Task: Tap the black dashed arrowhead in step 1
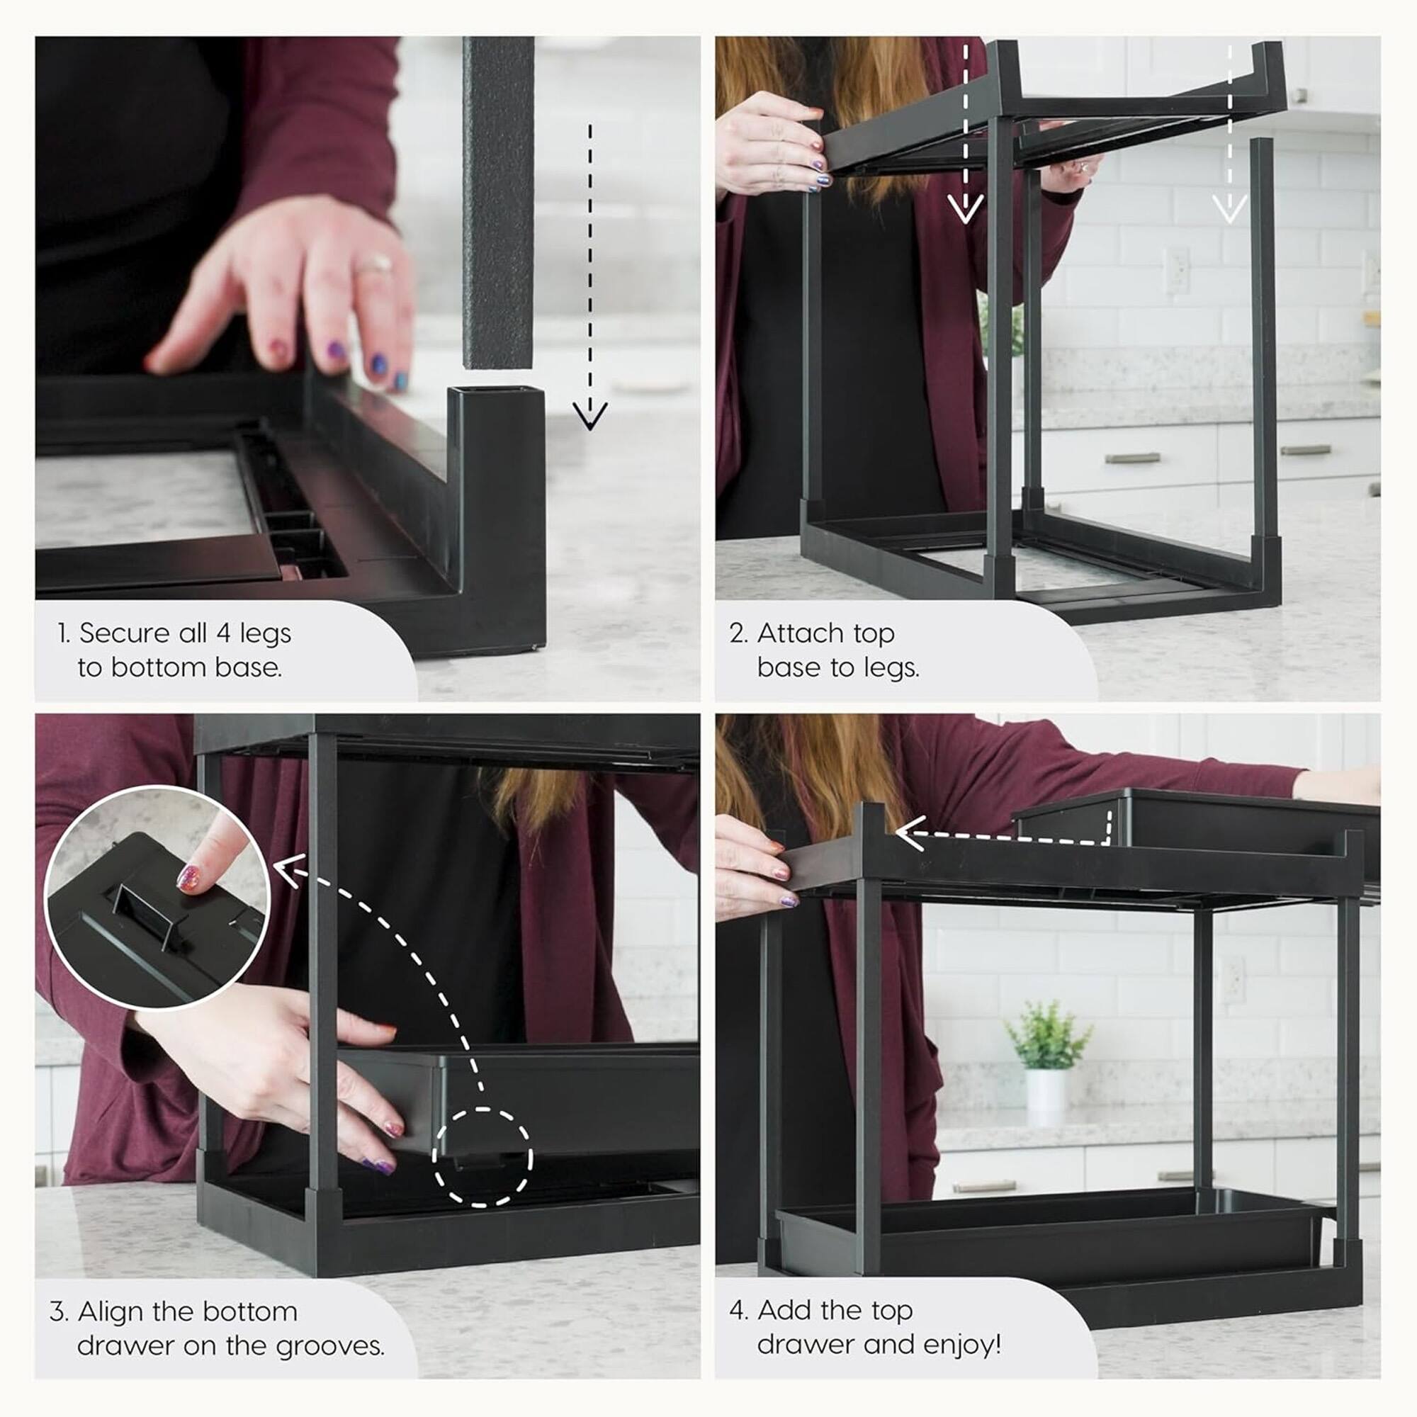pyautogui.click(x=589, y=416)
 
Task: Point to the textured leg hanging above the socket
pyautogui.click(x=498, y=205)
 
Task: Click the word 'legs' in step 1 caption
pyautogui.click(x=265, y=633)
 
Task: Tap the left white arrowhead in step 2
pyautogui.click(x=964, y=208)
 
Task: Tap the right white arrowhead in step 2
pyautogui.click(x=1229, y=208)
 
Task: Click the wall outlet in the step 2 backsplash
pyautogui.click(x=1176, y=270)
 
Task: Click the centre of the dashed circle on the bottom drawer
pyautogui.click(x=481, y=1158)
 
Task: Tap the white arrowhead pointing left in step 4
pyautogui.click(x=910, y=833)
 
